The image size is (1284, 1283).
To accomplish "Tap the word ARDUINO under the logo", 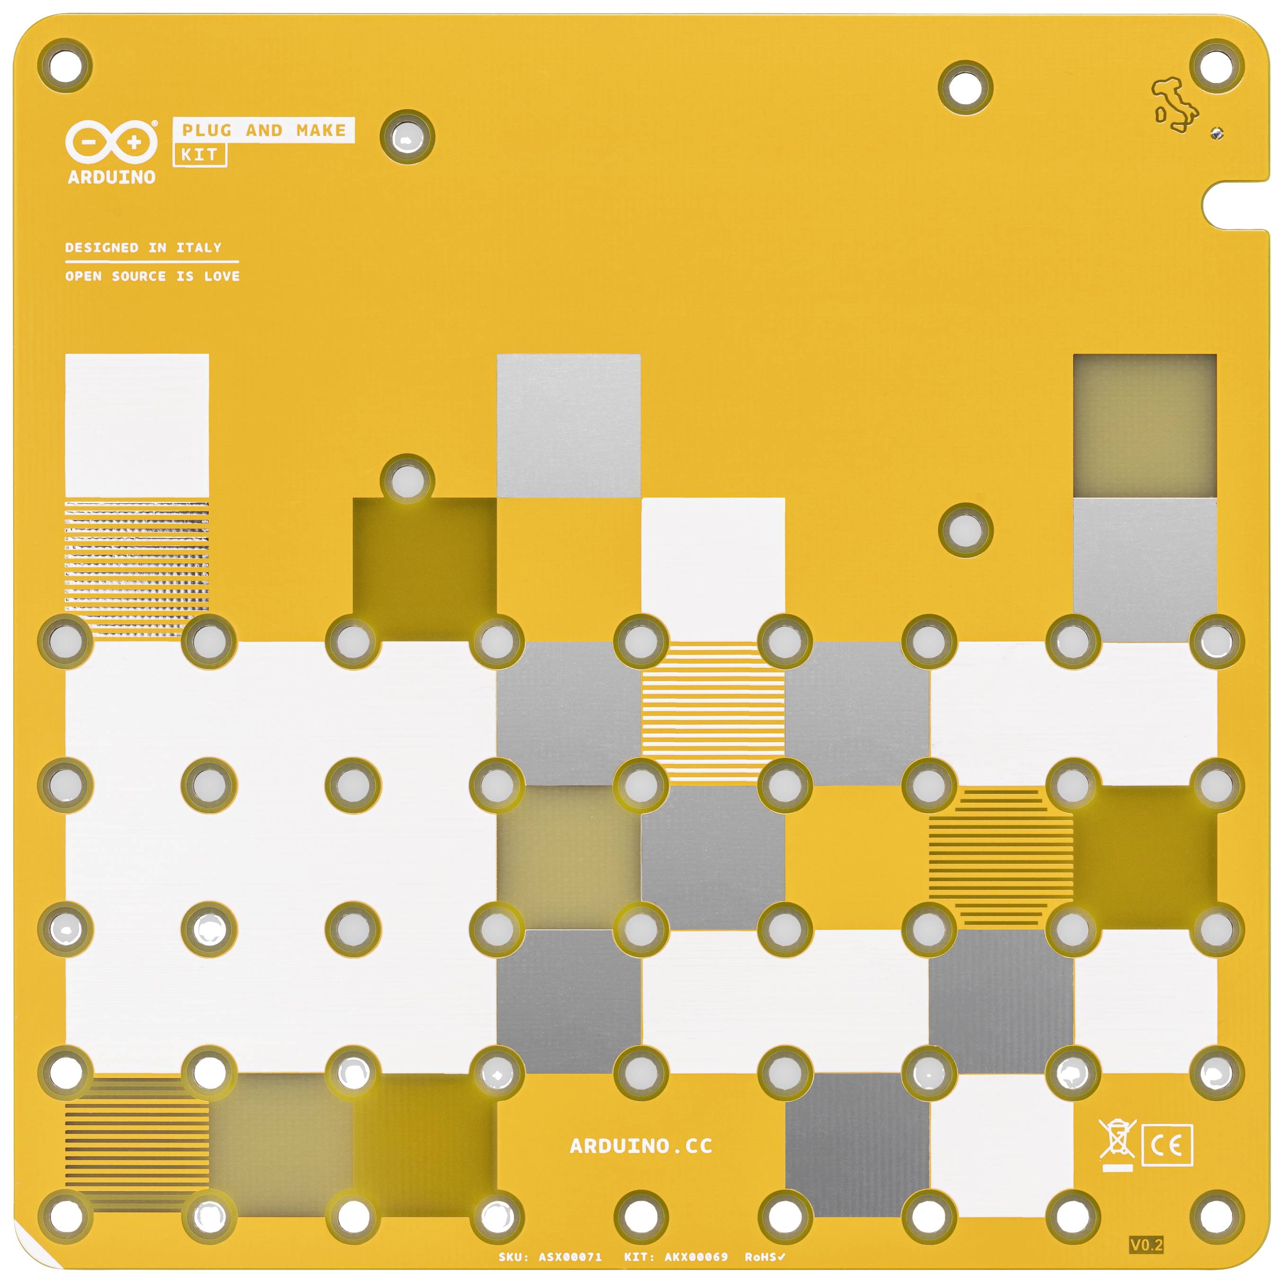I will point(111,177).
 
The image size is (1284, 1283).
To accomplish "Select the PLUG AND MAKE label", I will point(264,130).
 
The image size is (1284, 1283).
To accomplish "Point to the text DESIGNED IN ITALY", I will point(143,248).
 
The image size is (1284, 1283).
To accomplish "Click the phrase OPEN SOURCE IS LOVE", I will point(152,276).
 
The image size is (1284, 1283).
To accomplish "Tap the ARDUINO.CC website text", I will point(642,1146).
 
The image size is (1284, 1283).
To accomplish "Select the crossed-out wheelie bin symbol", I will point(1117,1143).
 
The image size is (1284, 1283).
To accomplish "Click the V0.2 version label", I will point(1146,1245).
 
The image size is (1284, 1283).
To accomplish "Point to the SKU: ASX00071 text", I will point(550,1257).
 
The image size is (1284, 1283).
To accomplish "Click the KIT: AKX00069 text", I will point(676,1257).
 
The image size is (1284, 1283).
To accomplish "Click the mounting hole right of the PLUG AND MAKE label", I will point(407,138).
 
